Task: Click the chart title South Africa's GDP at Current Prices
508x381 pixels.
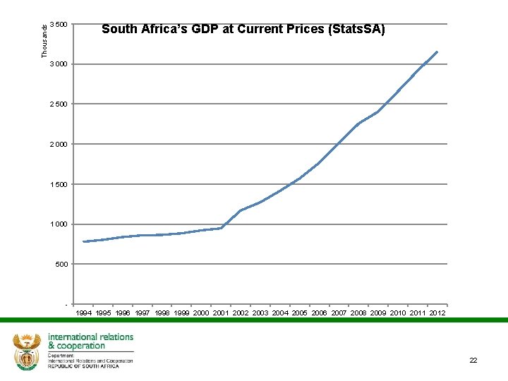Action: (x=243, y=29)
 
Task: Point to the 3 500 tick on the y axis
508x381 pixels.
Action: (x=61, y=25)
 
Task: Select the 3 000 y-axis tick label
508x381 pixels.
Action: (x=61, y=65)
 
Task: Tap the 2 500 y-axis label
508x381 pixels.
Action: (x=61, y=104)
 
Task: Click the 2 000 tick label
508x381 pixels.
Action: (x=61, y=145)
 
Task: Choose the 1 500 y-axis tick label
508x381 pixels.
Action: (x=61, y=185)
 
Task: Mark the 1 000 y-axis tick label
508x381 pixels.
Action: (x=61, y=224)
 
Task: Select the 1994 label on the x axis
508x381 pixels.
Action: (x=83, y=313)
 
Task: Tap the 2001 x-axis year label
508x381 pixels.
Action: (x=221, y=313)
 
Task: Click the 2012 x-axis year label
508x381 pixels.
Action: (x=437, y=313)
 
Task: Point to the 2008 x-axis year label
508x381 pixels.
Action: (x=358, y=313)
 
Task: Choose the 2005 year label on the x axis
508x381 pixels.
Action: (x=299, y=313)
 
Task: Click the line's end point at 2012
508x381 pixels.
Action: (x=437, y=52)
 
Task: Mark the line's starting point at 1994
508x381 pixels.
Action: (x=83, y=242)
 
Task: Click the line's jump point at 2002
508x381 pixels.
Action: (x=241, y=210)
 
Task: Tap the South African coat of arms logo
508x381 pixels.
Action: (x=28, y=351)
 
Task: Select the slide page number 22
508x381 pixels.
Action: (x=473, y=361)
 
